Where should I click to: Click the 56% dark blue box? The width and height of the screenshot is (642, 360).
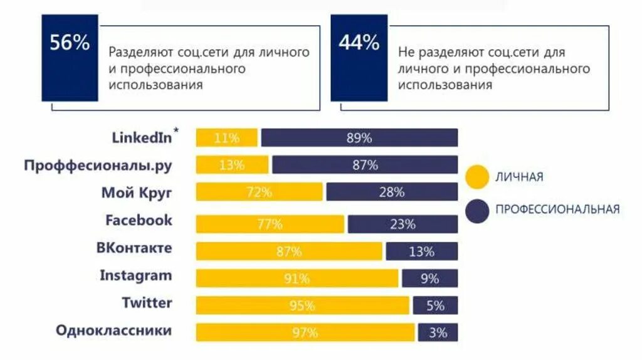pos(70,58)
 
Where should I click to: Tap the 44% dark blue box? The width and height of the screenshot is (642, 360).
pos(359,58)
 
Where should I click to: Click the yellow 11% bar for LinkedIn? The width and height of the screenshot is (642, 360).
pos(226,138)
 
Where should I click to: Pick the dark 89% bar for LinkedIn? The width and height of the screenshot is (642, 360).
pos(359,138)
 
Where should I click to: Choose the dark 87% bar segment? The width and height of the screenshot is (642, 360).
pos(365,165)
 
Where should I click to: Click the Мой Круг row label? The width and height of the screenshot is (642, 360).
pos(137,193)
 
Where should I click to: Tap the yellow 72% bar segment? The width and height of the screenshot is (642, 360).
pos(259,192)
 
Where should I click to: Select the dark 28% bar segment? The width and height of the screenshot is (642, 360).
pos(392,192)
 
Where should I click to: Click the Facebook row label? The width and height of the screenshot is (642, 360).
pos(139,220)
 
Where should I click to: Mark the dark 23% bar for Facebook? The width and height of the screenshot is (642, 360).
pos(403,224)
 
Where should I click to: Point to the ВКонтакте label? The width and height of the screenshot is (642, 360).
pos(134,248)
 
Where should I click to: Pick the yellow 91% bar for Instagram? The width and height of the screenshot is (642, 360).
pos(297,278)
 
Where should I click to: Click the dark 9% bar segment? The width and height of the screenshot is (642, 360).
pos(429,278)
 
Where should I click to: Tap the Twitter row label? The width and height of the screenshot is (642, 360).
pos(147,303)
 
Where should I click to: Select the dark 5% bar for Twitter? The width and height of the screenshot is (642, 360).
pos(435,305)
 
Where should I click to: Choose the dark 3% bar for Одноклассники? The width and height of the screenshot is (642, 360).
pos(438,332)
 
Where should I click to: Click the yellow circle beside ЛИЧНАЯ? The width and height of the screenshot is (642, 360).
pos(477,177)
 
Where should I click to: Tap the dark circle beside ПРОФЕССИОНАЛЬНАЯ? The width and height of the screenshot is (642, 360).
pos(477,210)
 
